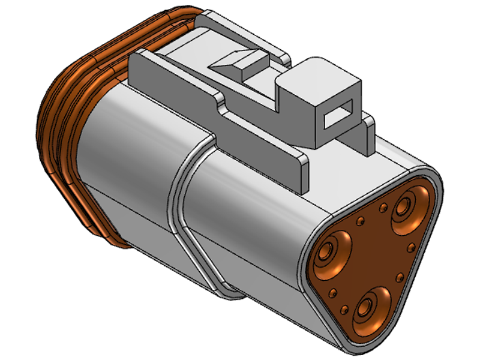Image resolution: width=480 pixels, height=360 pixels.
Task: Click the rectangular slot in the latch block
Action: pos(338,113)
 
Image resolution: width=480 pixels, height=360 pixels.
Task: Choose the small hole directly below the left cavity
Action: pos(332,293)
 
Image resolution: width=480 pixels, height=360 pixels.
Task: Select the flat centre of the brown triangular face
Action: pos(372,258)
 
